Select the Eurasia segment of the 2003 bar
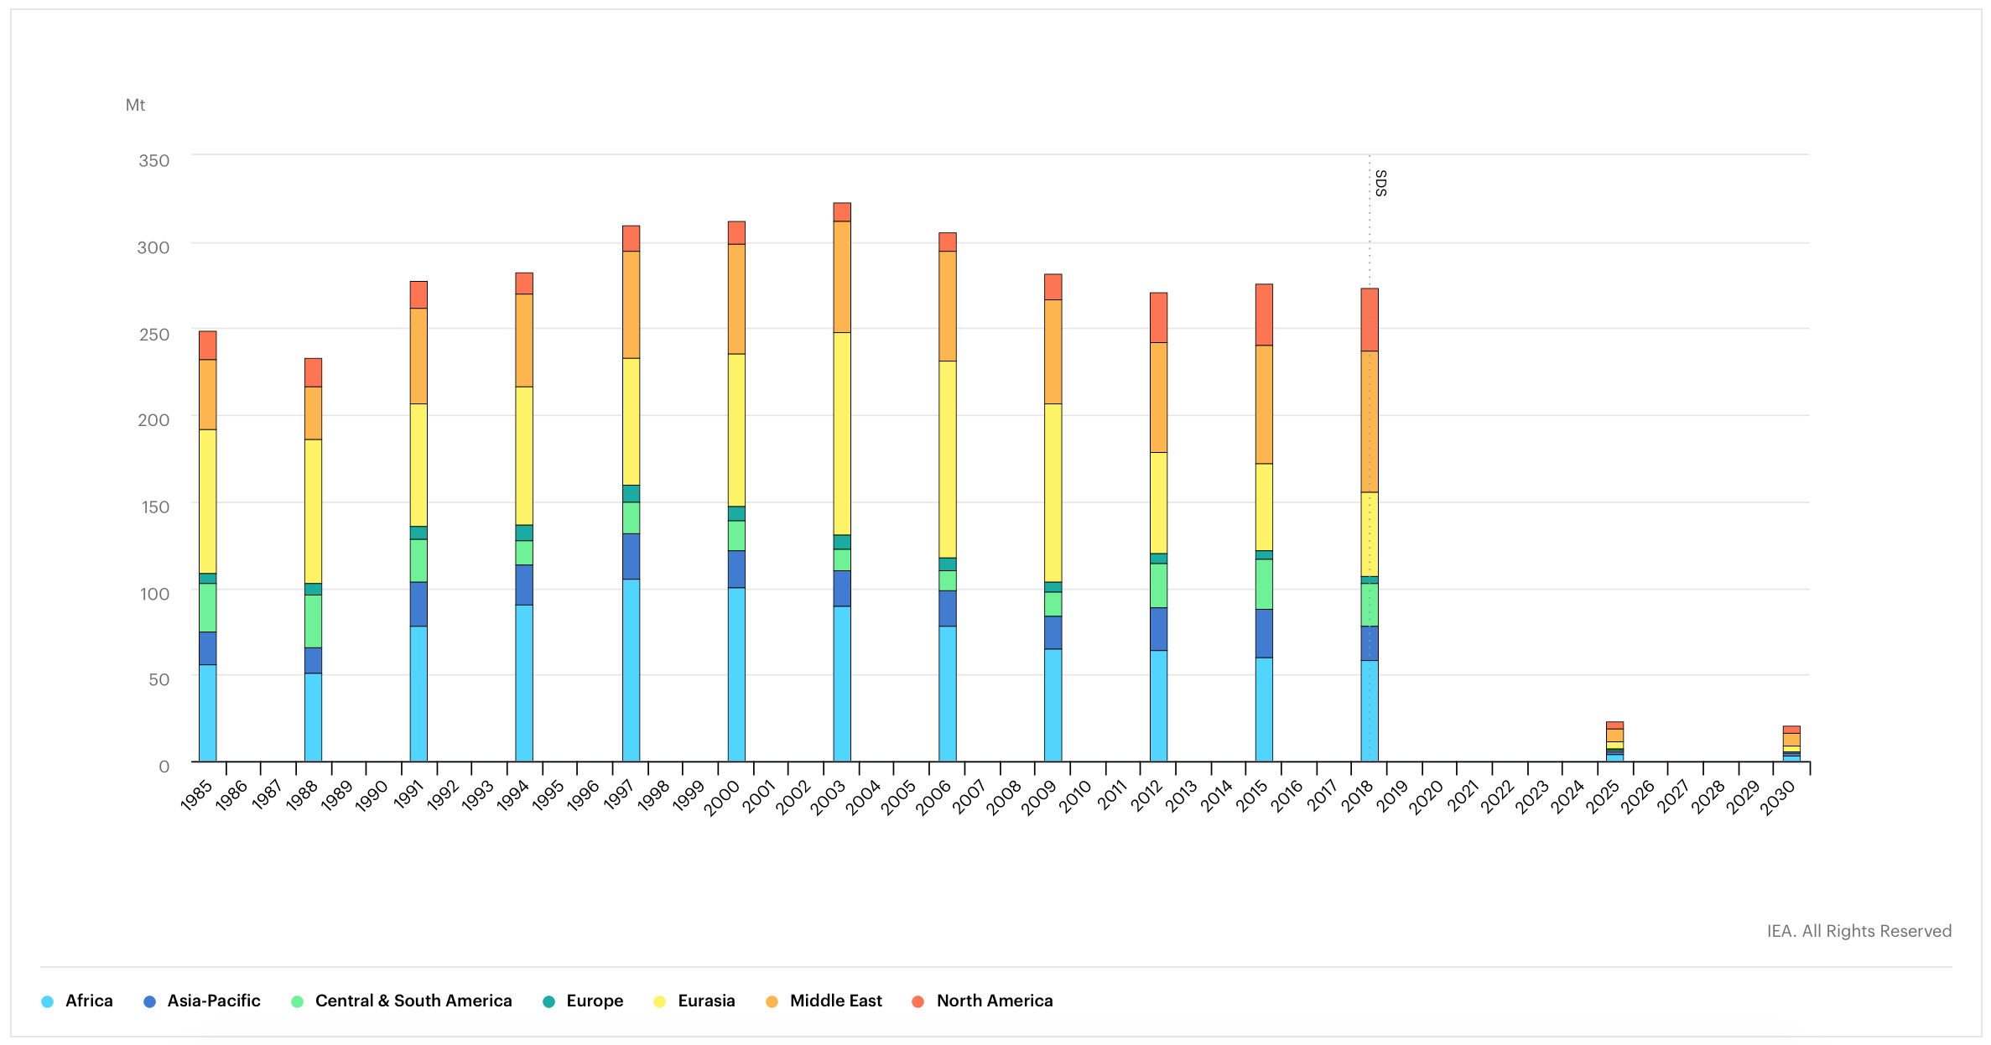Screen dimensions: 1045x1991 [842, 433]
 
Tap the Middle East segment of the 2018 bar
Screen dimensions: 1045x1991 [1369, 421]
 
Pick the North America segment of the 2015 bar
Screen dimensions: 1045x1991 [1264, 315]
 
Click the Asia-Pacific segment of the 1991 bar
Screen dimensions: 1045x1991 [418, 604]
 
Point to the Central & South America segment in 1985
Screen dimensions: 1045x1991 [208, 607]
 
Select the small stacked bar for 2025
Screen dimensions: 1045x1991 [1614, 741]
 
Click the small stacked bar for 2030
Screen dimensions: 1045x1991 [1791, 744]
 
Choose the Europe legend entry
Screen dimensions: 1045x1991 [584, 1001]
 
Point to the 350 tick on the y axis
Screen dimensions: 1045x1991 [154, 160]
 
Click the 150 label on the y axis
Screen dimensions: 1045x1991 [155, 507]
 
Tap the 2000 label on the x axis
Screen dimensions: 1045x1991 [721, 798]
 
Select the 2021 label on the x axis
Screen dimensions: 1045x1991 [1462, 798]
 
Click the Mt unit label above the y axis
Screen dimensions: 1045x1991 [135, 105]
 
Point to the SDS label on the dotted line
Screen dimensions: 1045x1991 [1380, 183]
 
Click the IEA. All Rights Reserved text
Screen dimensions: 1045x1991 [1858, 931]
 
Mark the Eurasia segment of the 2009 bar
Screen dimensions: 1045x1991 [1053, 492]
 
